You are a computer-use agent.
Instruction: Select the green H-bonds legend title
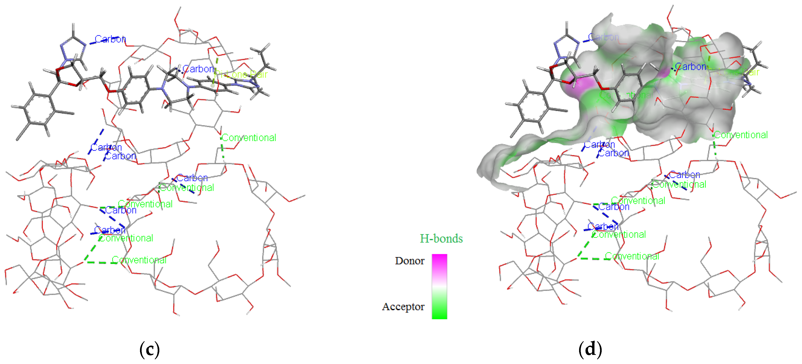click(x=441, y=239)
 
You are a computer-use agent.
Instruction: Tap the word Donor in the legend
click(x=410, y=261)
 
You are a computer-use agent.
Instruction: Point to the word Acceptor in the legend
click(x=403, y=307)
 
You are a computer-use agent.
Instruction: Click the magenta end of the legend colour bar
click(x=439, y=259)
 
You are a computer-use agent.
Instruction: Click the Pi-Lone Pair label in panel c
click(x=241, y=74)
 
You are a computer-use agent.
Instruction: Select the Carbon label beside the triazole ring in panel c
click(x=110, y=39)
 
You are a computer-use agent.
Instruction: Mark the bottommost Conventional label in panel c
click(x=139, y=260)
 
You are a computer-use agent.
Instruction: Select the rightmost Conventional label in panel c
click(x=249, y=138)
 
